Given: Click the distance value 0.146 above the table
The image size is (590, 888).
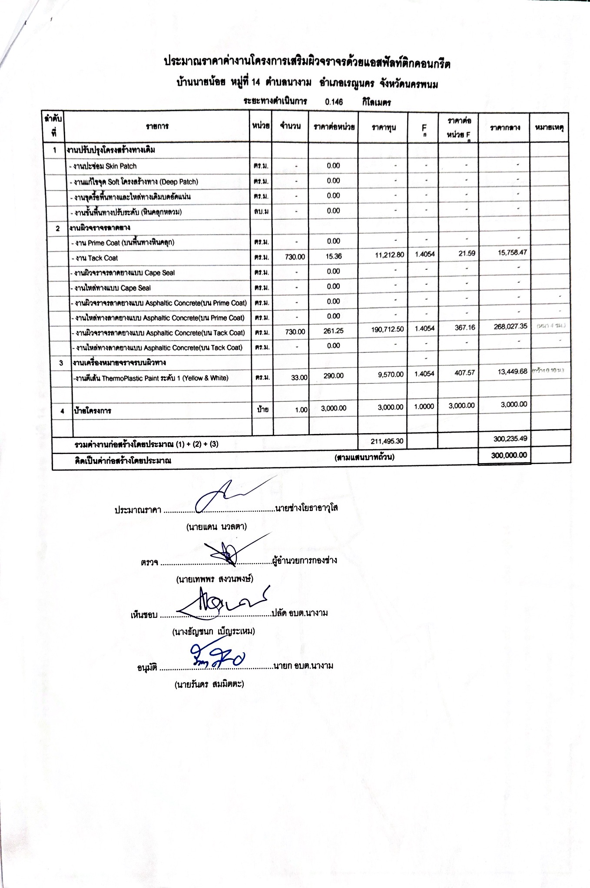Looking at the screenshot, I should click(x=334, y=102).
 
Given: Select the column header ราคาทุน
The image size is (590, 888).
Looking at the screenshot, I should click(x=383, y=128).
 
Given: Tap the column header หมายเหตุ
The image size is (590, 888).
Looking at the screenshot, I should click(x=550, y=127).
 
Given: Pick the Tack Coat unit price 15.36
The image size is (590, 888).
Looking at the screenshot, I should click(x=333, y=256).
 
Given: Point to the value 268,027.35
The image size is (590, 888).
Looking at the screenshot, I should click(x=510, y=326).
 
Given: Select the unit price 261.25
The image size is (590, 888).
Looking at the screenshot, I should click(x=333, y=331).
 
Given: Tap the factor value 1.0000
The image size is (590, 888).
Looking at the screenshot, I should click(x=424, y=407).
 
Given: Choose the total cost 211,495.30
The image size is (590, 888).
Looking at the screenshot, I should click(x=388, y=441).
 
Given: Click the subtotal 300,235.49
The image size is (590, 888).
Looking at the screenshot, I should click(x=510, y=439).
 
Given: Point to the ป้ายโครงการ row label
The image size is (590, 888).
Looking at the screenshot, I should click(x=93, y=411).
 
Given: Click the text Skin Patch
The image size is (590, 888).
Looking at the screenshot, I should click(x=121, y=166).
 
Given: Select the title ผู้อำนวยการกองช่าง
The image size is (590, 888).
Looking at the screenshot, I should click(x=305, y=560).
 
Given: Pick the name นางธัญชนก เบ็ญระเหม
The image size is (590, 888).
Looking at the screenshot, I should click(x=213, y=631).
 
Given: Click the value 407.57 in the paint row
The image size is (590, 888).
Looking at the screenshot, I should click(x=464, y=373).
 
